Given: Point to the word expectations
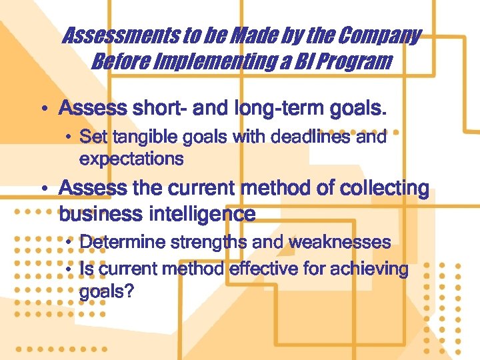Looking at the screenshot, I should tap(131, 159).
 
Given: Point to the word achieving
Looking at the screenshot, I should tap(365, 269).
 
